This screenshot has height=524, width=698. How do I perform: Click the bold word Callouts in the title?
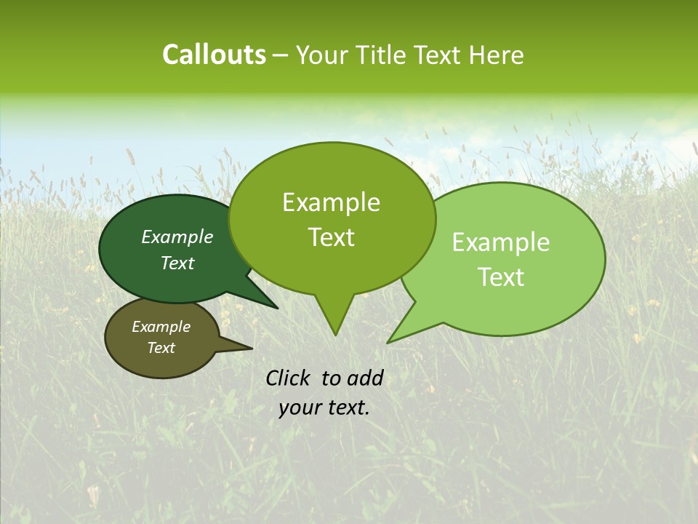[214, 55]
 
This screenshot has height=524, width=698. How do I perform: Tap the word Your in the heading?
[321, 55]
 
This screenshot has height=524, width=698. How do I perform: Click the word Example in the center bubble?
[331, 203]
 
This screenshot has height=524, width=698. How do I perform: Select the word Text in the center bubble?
[331, 237]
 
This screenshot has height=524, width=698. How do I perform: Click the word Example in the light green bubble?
[501, 242]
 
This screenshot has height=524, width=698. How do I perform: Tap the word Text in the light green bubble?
[501, 277]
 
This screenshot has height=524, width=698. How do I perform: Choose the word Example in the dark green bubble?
[177, 237]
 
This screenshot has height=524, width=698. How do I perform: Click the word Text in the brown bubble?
[161, 348]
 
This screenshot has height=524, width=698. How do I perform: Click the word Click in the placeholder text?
[288, 378]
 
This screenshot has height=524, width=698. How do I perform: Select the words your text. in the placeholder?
[324, 408]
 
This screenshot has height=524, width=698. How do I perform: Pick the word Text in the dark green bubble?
[177, 263]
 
